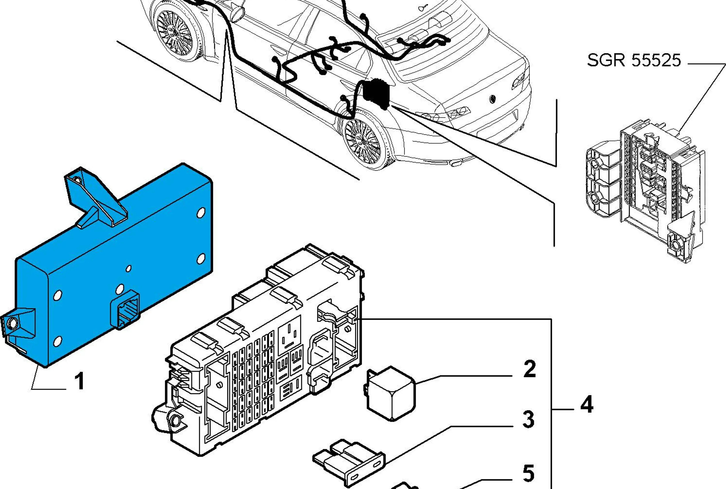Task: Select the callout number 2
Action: point(530,369)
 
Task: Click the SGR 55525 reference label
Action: point(634,60)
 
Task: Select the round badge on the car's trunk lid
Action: point(492,99)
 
